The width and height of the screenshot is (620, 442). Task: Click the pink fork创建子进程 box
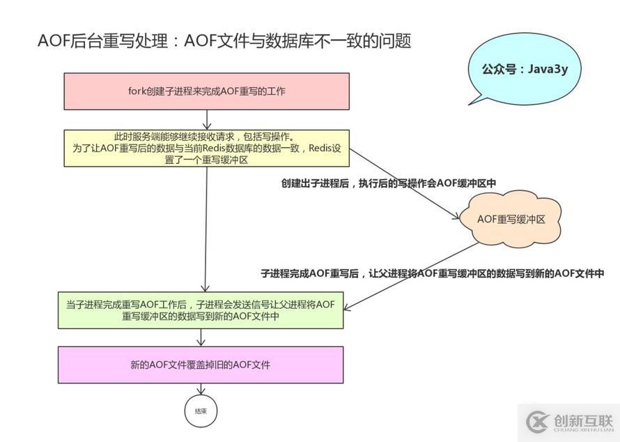click(x=207, y=91)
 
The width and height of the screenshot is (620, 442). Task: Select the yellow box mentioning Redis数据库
click(x=207, y=148)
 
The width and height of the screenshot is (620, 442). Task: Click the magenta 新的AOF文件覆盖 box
click(x=201, y=365)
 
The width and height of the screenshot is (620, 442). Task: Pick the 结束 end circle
click(x=200, y=411)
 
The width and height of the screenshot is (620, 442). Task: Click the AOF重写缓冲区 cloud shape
click(x=511, y=219)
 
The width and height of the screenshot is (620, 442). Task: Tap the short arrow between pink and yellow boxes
click(x=208, y=119)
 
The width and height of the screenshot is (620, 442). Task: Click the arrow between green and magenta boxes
click(x=201, y=337)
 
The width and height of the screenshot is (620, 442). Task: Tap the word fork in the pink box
click(x=137, y=91)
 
